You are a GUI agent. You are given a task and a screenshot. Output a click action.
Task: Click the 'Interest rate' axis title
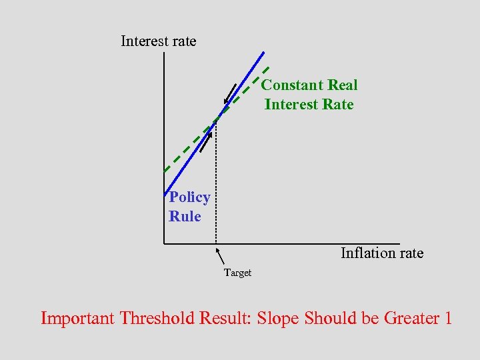[159, 41]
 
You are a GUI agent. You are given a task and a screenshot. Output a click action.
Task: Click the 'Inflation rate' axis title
[381, 253]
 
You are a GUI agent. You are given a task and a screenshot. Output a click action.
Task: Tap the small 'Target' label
[237, 273]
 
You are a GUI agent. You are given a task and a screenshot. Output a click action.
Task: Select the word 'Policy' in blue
[189, 197]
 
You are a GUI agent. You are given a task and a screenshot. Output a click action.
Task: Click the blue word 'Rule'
[185, 217]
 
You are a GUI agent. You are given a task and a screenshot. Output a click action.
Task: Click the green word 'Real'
[342, 85]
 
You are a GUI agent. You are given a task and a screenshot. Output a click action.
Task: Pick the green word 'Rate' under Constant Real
[337, 105]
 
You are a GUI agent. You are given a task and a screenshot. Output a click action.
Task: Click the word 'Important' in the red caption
[77, 319]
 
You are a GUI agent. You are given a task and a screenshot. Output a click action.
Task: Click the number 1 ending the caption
[447, 319]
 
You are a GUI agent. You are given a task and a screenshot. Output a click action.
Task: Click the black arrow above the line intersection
[231, 94]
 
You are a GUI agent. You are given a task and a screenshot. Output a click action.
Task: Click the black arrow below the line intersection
[206, 142]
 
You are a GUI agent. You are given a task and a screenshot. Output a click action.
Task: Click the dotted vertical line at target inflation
[215, 187]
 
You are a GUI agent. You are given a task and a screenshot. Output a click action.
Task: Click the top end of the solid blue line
[263, 53]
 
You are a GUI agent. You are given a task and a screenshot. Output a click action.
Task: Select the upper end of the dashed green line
[268, 67]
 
